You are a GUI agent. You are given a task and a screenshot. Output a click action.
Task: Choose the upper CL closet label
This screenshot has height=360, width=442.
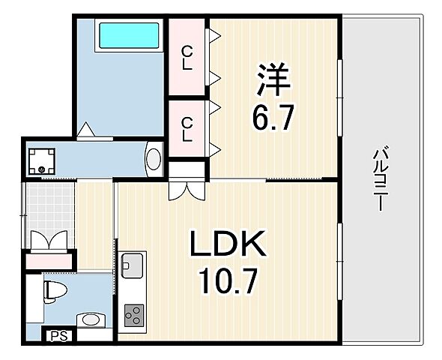click(x=187, y=57)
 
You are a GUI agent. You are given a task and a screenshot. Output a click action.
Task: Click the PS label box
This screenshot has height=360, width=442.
click(x=58, y=337)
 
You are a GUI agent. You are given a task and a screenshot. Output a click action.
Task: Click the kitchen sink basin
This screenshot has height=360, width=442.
click(x=133, y=264)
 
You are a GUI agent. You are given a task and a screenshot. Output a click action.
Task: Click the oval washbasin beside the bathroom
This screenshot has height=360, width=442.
click(x=154, y=159)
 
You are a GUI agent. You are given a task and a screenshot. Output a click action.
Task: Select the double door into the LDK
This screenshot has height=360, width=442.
click(x=187, y=188)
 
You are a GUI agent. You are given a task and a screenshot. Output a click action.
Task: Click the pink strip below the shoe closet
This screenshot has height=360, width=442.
click(x=49, y=262)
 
